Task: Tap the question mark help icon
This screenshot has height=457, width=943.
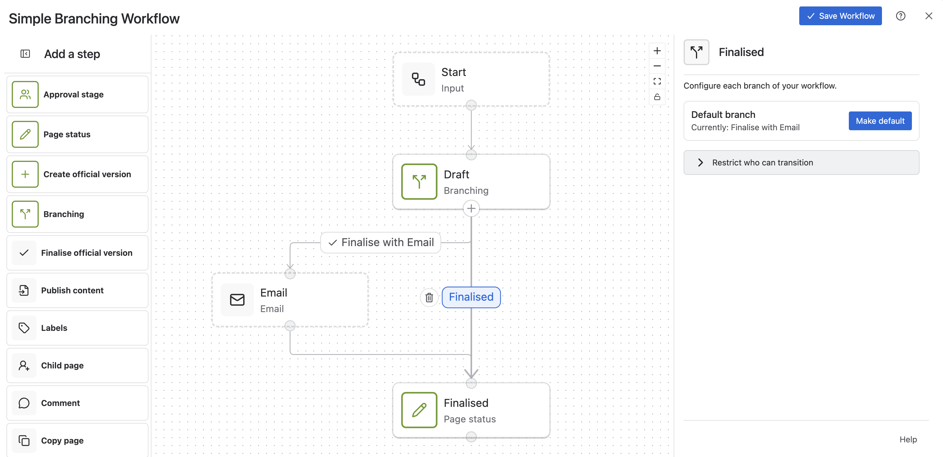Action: coord(900,16)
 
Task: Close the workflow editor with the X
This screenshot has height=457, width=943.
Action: coord(929,16)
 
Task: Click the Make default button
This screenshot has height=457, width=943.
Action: coord(880,121)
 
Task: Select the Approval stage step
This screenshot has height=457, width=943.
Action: coord(77,94)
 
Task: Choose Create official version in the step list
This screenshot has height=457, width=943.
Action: coord(77,174)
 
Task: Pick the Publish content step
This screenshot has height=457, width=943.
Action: coord(77,290)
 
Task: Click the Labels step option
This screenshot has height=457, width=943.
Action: coord(77,328)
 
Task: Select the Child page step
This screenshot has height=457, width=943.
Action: coord(77,365)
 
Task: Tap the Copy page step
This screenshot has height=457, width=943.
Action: coord(77,440)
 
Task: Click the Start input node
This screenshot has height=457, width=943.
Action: coord(471,79)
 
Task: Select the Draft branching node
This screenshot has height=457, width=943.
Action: coord(471,182)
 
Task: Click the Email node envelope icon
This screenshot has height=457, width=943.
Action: coord(237,300)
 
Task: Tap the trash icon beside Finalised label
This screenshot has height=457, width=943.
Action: coord(429,297)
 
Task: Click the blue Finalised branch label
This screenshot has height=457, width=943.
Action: coord(471,297)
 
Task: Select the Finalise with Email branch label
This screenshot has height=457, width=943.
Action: coord(381,242)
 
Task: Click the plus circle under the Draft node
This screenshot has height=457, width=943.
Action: coord(471,209)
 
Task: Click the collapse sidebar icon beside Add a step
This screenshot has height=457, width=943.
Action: coord(25,54)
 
